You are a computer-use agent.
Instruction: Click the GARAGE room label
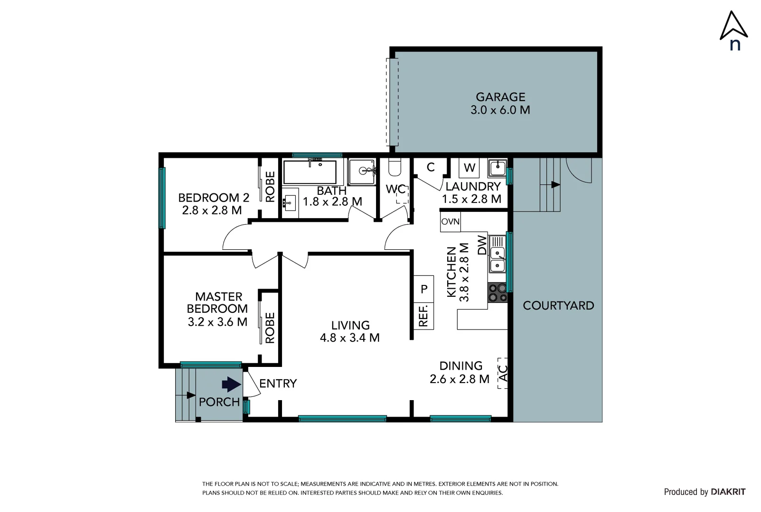(x=500, y=97)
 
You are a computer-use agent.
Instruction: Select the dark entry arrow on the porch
(x=231, y=384)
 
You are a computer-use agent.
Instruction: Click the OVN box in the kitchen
(x=450, y=222)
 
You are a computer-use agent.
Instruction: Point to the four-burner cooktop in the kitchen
(x=497, y=293)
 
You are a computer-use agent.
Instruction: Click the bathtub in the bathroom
(x=310, y=172)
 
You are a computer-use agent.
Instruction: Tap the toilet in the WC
(x=395, y=167)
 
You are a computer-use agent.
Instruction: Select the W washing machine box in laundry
(x=469, y=167)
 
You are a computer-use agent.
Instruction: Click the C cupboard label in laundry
(x=431, y=167)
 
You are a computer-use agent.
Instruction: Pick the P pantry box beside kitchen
(x=424, y=289)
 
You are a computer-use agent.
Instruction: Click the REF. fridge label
(x=423, y=316)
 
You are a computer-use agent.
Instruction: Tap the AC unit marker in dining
(x=503, y=373)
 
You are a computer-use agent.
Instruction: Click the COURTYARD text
(x=558, y=306)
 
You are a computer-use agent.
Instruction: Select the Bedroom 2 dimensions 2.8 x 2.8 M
(x=212, y=210)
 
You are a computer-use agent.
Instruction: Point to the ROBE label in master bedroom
(x=270, y=328)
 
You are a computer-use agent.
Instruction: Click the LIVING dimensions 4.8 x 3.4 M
(x=350, y=338)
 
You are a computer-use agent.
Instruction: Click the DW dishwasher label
(x=482, y=245)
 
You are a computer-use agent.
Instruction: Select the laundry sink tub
(x=497, y=167)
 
